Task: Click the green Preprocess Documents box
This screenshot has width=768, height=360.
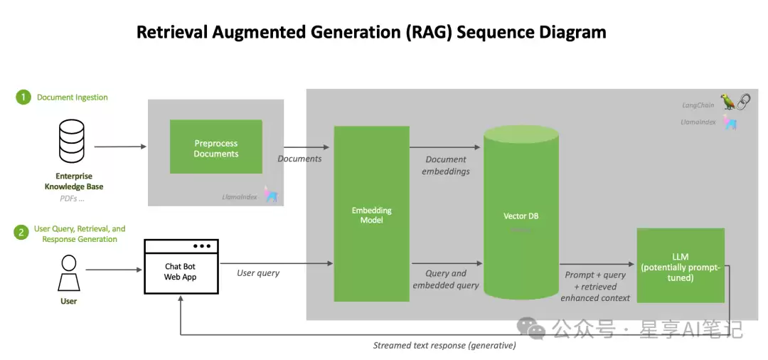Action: tap(216, 147)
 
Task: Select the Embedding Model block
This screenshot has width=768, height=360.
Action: tap(371, 214)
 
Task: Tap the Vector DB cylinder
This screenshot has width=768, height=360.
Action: tap(521, 216)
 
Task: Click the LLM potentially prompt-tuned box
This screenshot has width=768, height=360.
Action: tap(680, 266)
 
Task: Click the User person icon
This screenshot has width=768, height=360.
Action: tap(68, 273)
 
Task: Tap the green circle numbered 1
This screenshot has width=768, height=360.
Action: tap(23, 97)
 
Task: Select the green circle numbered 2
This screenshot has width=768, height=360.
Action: tap(23, 233)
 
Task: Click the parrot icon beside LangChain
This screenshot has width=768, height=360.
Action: tap(728, 102)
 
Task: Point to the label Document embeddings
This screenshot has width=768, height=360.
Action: tap(446, 165)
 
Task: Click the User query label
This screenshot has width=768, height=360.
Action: tap(258, 273)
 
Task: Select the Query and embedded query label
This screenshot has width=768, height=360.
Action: tap(446, 279)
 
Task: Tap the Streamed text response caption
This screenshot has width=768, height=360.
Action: tap(444, 346)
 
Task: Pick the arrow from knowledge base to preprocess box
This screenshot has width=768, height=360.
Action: tap(120, 147)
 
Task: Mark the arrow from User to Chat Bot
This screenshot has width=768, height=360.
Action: tap(114, 270)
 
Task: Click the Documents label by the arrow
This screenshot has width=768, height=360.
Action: tap(299, 159)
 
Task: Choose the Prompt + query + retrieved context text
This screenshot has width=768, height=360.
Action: tap(595, 286)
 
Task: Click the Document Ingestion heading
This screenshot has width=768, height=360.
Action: tap(73, 97)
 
